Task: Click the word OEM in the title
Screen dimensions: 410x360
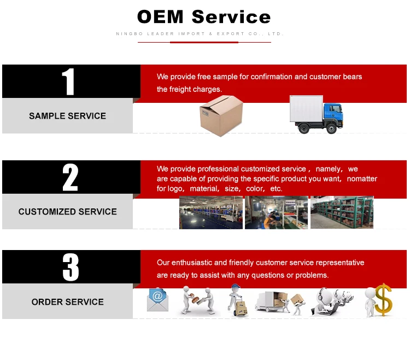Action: (x=161, y=16)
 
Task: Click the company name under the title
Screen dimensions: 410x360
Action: (x=200, y=34)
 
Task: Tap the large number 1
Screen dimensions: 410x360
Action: (x=68, y=82)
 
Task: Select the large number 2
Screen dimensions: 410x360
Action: (x=70, y=177)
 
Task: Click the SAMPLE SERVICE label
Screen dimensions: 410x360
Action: (x=67, y=116)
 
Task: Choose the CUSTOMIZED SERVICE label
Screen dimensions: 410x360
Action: (x=67, y=212)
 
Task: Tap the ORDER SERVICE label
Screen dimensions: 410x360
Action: (x=67, y=302)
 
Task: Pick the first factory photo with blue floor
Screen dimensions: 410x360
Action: (x=211, y=212)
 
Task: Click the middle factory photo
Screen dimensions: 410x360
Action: (x=276, y=212)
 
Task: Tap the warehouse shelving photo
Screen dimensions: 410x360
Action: (x=342, y=212)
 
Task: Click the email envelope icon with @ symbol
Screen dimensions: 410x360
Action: (x=157, y=299)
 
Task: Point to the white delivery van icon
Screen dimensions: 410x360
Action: (x=271, y=301)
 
